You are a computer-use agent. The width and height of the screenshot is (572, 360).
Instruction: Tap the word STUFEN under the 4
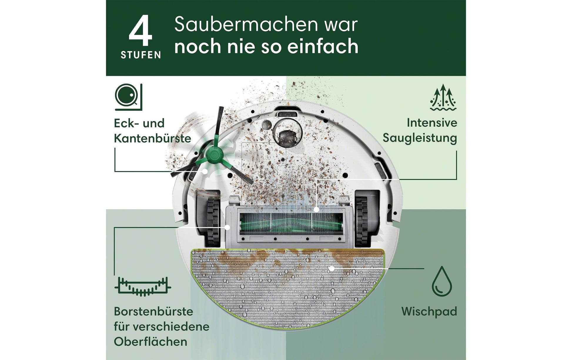pos(141,55)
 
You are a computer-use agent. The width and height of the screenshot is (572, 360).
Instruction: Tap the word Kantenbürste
pos(152,138)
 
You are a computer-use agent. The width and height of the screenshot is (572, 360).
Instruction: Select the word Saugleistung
pos(420,138)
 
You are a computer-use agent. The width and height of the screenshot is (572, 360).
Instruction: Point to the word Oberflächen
pos(150,342)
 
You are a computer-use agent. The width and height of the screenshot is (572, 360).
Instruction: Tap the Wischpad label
pos(429,311)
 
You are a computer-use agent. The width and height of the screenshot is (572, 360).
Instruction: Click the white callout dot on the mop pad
pos(332,268)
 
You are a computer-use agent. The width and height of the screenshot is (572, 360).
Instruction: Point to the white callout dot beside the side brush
pos(205,171)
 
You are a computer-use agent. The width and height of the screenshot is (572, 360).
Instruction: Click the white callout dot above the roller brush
pos(316,210)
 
